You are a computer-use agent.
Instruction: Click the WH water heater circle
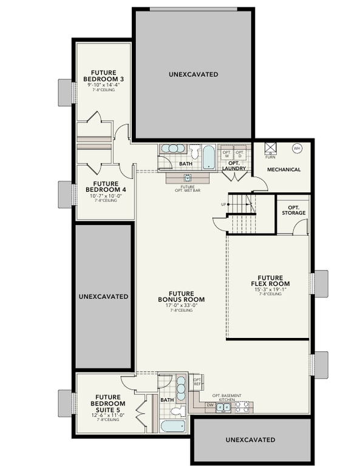click(297, 147)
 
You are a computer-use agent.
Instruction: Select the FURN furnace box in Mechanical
click(270, 148)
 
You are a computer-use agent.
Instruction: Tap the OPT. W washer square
click(226, 154)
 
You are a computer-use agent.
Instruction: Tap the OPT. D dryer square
click(239, 154)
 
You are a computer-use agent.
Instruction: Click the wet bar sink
click(188, 178)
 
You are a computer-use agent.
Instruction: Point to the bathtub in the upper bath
click(208, 157)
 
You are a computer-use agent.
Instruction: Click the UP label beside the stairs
click(223, 204)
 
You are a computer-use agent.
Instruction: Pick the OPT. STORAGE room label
click(293, 210)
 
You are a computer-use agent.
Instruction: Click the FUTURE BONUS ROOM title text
click(181, 297)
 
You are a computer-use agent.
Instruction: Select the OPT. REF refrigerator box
click(197, 382)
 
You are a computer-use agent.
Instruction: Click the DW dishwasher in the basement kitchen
click(209, 405)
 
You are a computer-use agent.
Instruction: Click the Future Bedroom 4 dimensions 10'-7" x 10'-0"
click(101, 195)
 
